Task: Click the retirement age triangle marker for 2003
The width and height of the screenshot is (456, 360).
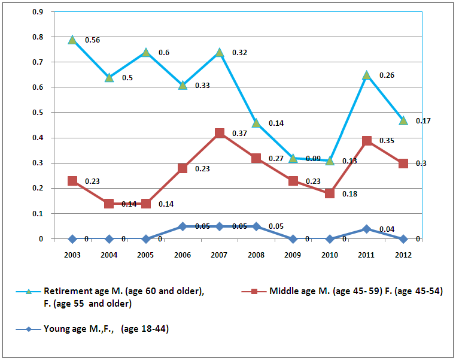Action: [72, 40]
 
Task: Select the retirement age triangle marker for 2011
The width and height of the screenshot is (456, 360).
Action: [366, 75]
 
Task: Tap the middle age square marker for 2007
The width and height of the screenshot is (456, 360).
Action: [220, 133]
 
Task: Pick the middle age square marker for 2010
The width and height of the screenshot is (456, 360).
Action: [330, 193]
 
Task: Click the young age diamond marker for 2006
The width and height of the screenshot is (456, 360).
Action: [183, 226]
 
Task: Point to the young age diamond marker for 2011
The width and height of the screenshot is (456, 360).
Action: [366, 229]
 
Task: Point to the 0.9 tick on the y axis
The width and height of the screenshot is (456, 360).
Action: [37, 12]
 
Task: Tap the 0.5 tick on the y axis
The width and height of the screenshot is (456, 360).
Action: [37, 113]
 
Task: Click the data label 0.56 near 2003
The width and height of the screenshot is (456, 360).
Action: [92, 40]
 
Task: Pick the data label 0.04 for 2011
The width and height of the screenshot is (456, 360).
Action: [385, 229]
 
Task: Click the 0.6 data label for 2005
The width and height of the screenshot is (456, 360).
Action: [163, 53]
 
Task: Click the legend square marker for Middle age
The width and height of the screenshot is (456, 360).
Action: [254, 292]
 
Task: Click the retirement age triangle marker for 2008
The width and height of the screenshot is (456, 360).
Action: [256, 123]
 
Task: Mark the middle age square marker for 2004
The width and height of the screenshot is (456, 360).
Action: [109, 204]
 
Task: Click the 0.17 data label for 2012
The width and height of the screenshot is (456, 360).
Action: [424, 120]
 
